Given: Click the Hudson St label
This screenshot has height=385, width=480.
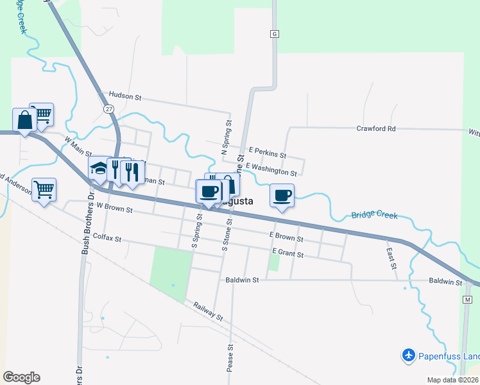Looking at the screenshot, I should [x=124, y=96].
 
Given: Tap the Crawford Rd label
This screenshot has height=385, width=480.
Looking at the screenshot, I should [x=375, y=128].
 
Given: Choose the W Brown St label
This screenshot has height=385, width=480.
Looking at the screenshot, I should [x=114, y=209].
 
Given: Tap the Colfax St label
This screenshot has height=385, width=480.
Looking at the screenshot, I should [x=107, y=237].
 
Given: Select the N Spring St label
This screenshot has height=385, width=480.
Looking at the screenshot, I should [x=226, y=136].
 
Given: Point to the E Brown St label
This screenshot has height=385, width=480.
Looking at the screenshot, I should [x=286, y=237].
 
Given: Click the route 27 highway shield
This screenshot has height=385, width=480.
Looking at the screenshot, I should [x=108, y=109].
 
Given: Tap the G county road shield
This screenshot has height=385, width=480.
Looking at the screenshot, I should [x=275, y=34].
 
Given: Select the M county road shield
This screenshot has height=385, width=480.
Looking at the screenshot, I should [x=467, y=300].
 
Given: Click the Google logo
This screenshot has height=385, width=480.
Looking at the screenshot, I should [x=21, y=377].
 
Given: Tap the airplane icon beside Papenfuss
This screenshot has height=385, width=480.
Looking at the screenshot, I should [x=408, y=354].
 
